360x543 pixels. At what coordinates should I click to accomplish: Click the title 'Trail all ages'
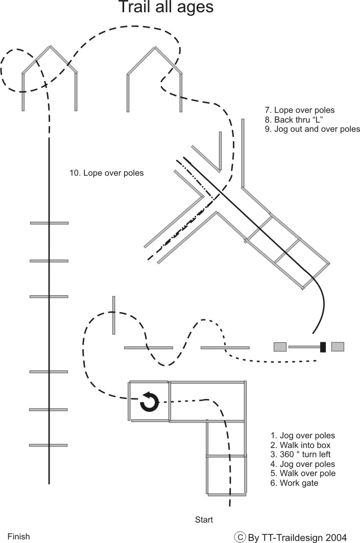(x=165, y=8)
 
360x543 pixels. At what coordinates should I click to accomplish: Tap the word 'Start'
(x=204, y=520)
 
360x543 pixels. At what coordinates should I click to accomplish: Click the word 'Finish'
(x=18, y=536)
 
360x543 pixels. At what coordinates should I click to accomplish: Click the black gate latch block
(x=323, y=347)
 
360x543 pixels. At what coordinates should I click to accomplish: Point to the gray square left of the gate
(x=280, y=347)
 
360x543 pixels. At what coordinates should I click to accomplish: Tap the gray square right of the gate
(x=338, y=347)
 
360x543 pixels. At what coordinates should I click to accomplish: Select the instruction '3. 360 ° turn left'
(x=301, y=455)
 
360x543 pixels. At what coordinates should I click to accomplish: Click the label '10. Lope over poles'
(x=106, y=173)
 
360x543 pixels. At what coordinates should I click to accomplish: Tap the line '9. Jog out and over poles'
(x=313, y=129)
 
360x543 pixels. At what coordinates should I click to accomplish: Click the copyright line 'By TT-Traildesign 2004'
(x=297, y=537)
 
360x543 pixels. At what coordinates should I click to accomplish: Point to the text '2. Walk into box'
(x=300, y=445)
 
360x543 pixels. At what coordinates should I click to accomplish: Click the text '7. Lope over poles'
(x=300, y=110)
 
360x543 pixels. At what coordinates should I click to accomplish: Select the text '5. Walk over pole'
(x=303, y=474)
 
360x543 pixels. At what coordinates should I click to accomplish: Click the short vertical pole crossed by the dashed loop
(x=114, y=315)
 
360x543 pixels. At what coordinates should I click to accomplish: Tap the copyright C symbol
(x=239, y=537)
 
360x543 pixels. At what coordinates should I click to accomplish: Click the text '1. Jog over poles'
(x=303, y=436)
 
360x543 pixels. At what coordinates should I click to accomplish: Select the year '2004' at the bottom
(x=336, y=537)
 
